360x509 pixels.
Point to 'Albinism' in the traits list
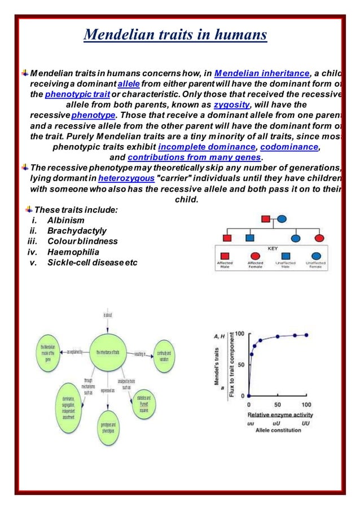pos(66,220)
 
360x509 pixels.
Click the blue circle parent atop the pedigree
pos(282,218)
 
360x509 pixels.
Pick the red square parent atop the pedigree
pos(265,218)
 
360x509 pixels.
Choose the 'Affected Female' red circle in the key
pos(254,256)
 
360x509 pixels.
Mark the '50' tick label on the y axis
pos(240,365)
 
